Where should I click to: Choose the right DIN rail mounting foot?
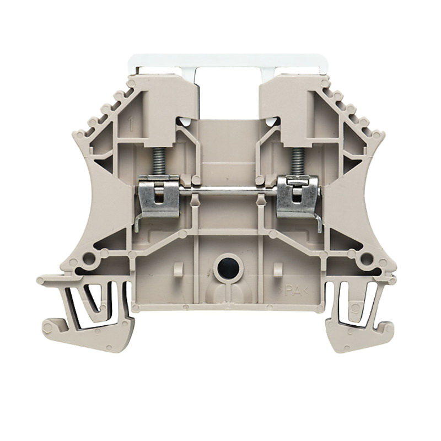(x=358, y=317)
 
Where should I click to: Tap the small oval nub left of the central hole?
(x=178, y=270)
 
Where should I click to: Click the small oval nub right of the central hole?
(x=278, y=270)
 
